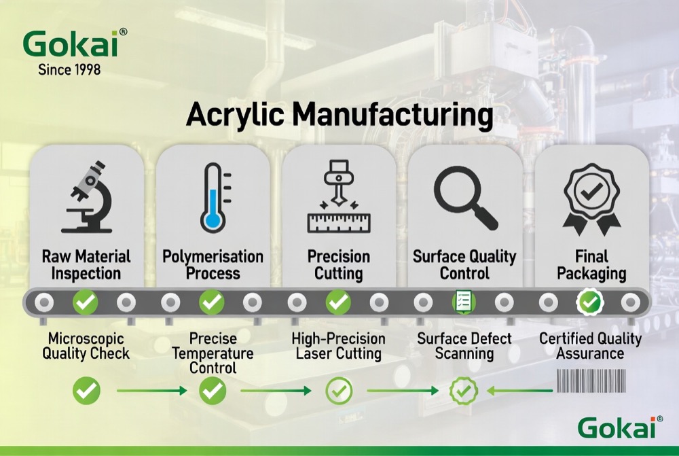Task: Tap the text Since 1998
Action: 69,69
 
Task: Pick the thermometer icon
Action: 213,198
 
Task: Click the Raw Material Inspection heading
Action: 86,265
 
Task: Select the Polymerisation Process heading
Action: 213,265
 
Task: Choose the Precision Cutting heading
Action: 338,265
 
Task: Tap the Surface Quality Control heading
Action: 464,265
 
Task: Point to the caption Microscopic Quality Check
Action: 86,346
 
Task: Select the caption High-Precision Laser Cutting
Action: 338,346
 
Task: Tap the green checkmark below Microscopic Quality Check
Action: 86,390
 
